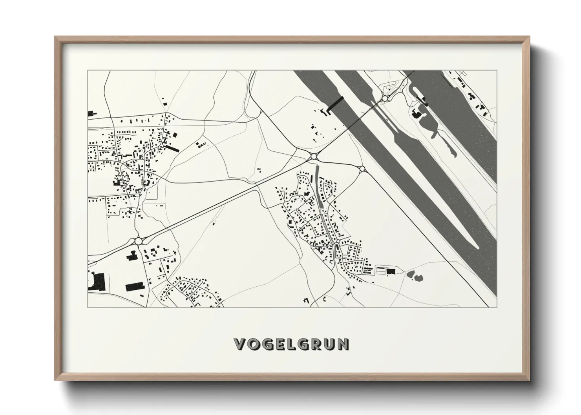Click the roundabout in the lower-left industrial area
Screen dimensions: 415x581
(x=138, y=240)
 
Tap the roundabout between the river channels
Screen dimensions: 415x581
(x=386, y=98)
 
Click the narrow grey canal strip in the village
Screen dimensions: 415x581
(x=320, y=196)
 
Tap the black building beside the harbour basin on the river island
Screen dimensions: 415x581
(x=416, y=114)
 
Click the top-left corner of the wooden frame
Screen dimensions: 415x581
(x=55, y=37)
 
